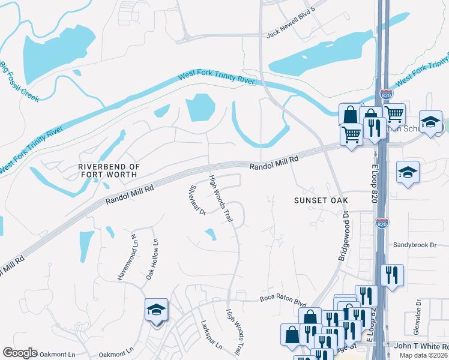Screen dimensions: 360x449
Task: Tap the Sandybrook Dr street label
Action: click(415, 245)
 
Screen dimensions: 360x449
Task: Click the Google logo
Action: click(20, 353)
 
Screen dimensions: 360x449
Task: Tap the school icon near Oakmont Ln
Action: click(157, 311)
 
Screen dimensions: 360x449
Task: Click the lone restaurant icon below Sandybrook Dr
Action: click(392, 275)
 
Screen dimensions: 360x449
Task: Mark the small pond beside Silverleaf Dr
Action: click(210, 235)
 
